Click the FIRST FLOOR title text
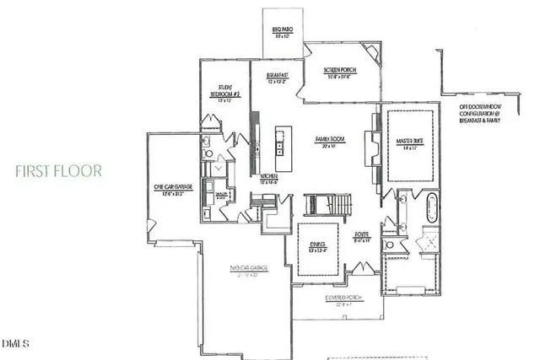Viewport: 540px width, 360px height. coord(58,171)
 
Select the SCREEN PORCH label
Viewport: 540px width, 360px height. coord(343,74)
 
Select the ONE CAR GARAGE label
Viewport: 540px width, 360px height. coord(169,190)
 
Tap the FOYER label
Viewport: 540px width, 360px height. coord(362,238)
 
